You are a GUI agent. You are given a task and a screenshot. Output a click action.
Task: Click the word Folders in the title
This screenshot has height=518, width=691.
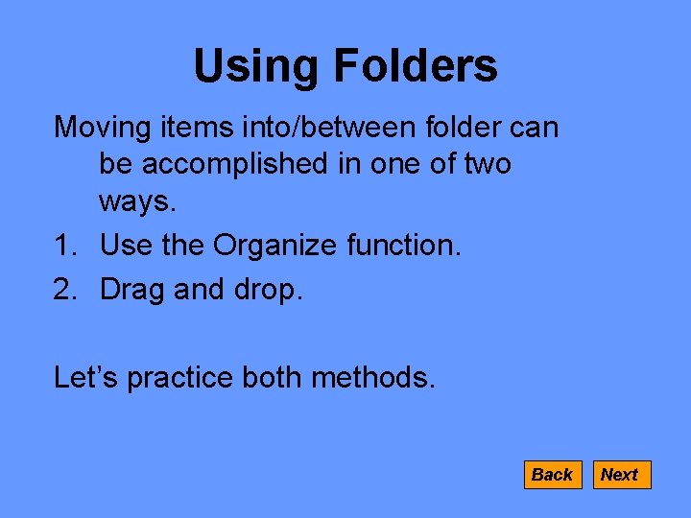[415, 67]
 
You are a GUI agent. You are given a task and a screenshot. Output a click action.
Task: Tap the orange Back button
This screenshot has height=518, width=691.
[552, 475]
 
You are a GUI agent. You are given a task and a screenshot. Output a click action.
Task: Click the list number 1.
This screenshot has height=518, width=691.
[64, 247]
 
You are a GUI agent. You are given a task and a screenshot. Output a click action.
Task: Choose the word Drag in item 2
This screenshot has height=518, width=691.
[133, 290]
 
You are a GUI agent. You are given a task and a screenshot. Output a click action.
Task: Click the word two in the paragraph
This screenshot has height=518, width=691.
[487, 165]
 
